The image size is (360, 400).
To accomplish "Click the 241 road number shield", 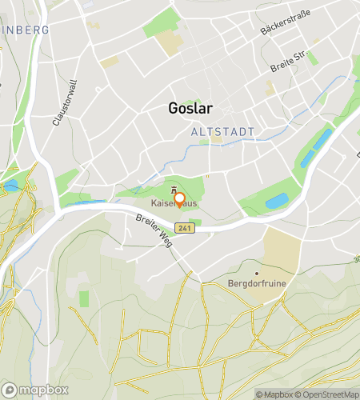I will pyautogui.click(x=186, y=228).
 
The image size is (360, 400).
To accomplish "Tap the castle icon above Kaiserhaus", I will pyautogui.click(x=174, y=190).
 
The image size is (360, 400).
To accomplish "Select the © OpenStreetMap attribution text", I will pyautogui.click(x=328, y=394).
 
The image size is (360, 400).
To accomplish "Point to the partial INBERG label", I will pyautogui.click(x=24, y=30).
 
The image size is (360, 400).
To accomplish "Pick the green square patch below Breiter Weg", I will pyautogui.click(x=84, y=298).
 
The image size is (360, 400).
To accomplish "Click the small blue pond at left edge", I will pyautogui.click(x=10, y=185).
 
